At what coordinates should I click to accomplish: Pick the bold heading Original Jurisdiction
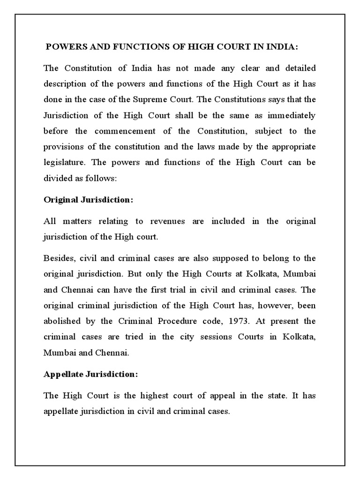pyautogui.click(x=89, y=200)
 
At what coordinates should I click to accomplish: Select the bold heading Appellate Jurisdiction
pyautogui.click(x=91, y=375)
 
